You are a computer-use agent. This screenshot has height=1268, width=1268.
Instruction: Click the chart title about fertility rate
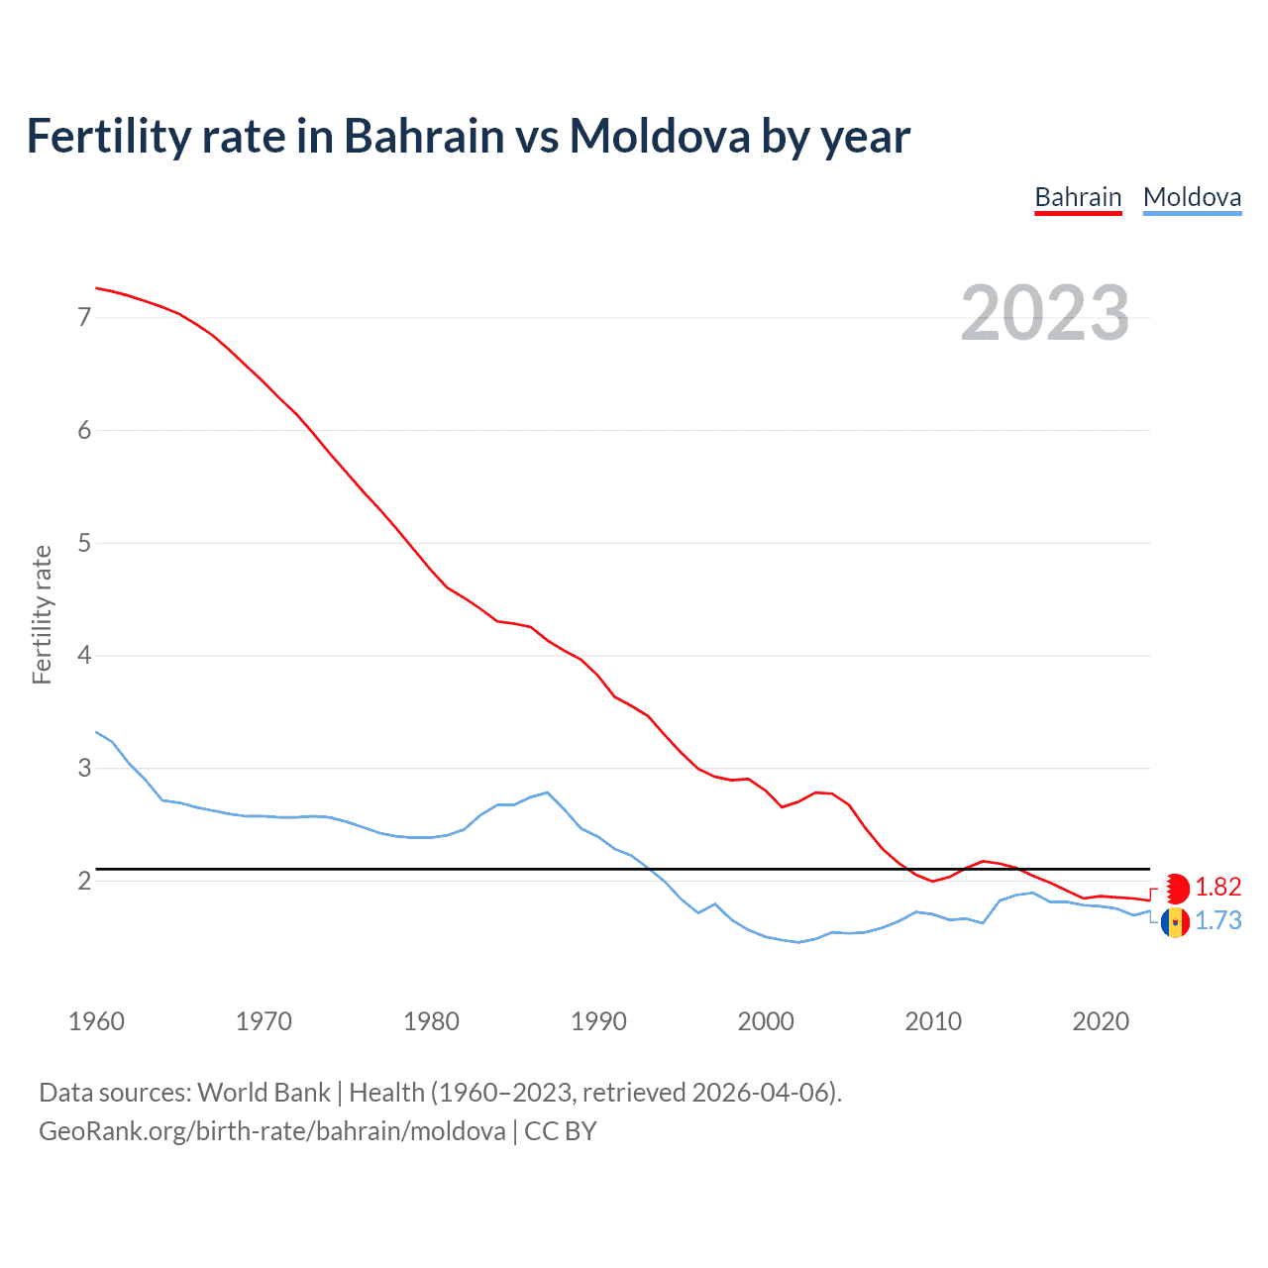[468, 136]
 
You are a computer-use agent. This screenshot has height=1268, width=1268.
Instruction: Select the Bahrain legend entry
[1078, 197]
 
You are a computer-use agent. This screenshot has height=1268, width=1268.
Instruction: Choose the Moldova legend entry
[1192, 197]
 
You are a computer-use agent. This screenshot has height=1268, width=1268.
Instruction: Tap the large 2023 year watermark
[1044, 313]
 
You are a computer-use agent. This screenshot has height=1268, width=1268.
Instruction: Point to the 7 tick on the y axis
[84, 317]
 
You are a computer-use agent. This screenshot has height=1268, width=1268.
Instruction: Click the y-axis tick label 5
[84, 543]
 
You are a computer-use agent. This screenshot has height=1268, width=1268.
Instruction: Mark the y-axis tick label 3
[84, 768]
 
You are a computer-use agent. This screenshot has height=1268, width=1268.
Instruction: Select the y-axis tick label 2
[84, 881]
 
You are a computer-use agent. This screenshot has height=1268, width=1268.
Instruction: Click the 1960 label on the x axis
[96, 1021]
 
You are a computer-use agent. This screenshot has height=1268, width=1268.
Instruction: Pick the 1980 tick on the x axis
[431, 1021]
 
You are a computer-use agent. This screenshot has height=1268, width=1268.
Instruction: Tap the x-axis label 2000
[766, 1021]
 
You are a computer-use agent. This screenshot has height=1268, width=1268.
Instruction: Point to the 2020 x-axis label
[1101, 1021]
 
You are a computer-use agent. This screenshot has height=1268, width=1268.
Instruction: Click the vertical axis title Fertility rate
[42, 614]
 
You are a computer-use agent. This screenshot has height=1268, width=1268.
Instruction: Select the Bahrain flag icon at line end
[1175, 888]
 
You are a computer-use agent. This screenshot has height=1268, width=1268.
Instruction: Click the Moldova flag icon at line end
[1175, 922]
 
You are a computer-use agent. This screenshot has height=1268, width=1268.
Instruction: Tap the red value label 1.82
[1217, 887]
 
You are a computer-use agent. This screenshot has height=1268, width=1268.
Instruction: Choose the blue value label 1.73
[1217, 921]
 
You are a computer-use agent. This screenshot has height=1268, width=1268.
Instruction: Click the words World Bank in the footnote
[264, 1093]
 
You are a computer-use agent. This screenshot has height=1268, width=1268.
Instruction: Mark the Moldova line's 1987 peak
[548, 792]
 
